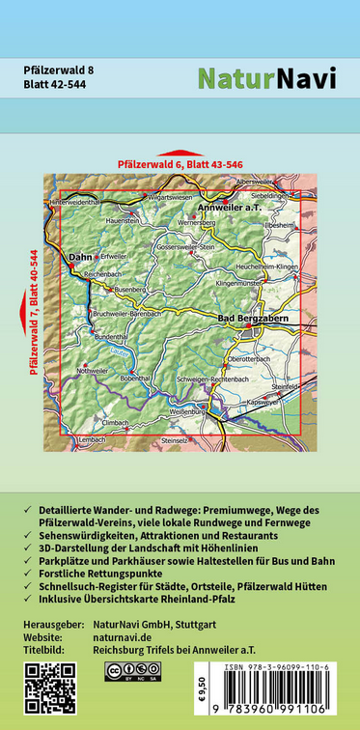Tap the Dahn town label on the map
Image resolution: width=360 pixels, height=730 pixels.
click(79, 259)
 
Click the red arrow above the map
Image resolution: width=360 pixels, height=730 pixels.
click(180, 153)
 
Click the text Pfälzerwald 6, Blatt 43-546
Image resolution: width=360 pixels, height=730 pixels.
click(180, 165)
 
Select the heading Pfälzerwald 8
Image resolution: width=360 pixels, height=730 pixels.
click(59, 70)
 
